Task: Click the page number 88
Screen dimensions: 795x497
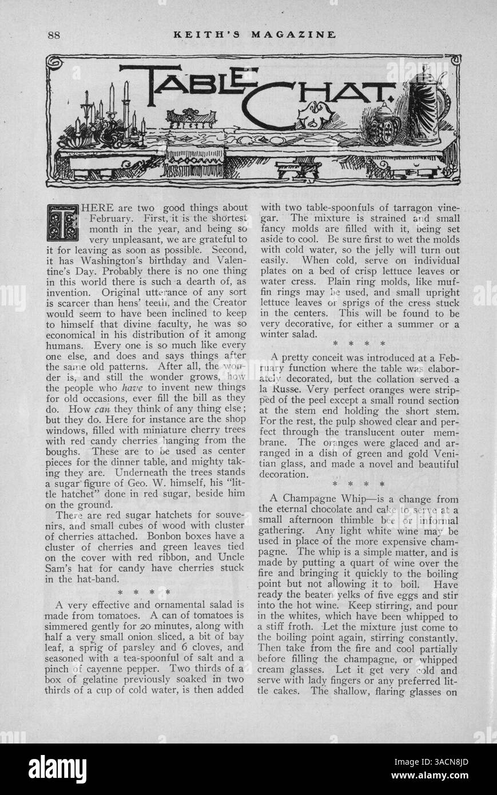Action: [54, 34]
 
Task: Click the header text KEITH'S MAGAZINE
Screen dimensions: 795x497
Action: [254, 34]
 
